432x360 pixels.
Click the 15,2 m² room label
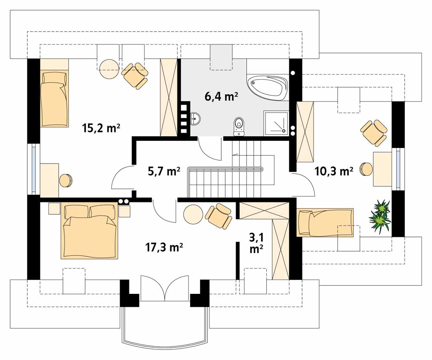point(101,128)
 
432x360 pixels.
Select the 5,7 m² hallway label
point(164,171)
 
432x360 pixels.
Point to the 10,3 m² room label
point(334,172)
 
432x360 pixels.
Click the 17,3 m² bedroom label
point(164,247)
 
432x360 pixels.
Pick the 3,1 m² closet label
point(256,242)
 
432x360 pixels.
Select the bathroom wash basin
point(195,118)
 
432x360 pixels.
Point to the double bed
point(89,231)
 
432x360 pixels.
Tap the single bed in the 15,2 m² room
point(54,99)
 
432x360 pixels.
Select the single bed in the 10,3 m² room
point(325,223)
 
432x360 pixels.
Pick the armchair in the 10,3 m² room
point(374,132)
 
